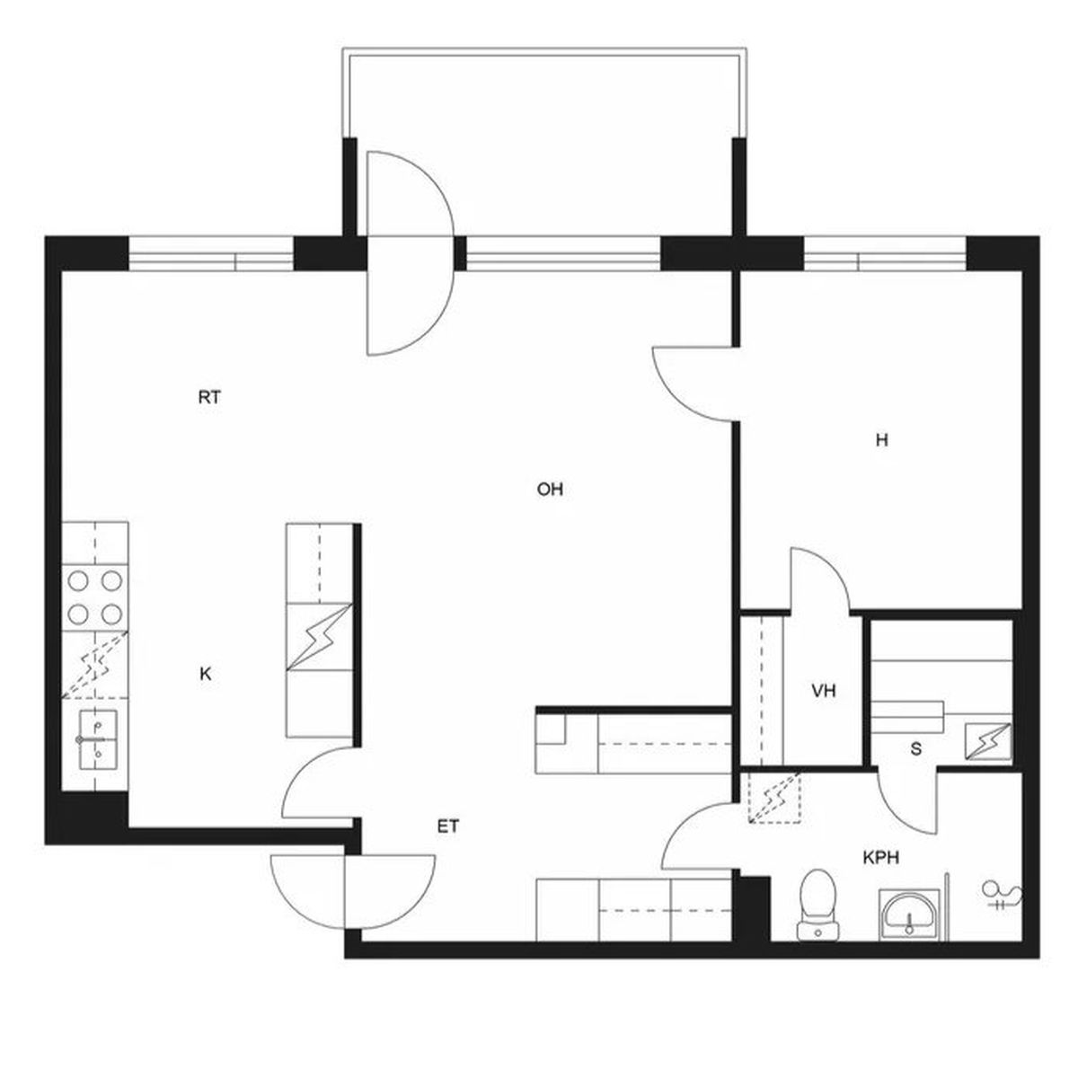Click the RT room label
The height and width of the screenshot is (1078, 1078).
click(x=209, y=397)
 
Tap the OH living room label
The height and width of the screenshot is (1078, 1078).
click(x=550, y=490)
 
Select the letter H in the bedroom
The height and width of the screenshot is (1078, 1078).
click(x=881, y=441)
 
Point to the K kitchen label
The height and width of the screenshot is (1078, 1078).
click(x=206, y=674)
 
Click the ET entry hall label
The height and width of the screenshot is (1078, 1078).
click(x=448, y=826)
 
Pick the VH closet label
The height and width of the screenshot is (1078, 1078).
click(x=824, y=691)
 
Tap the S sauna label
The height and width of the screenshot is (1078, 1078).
click(x=915, y=749)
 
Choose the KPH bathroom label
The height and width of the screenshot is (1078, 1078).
click(x=881, y=858)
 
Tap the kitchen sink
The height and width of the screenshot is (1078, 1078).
click(x=98, y=739)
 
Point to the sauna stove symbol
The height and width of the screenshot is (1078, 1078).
click(x=988, y=741)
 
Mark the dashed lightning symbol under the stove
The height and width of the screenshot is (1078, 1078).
click(x=94, y=665)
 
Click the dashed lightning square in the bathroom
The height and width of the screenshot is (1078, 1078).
click(x=774, y=799)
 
